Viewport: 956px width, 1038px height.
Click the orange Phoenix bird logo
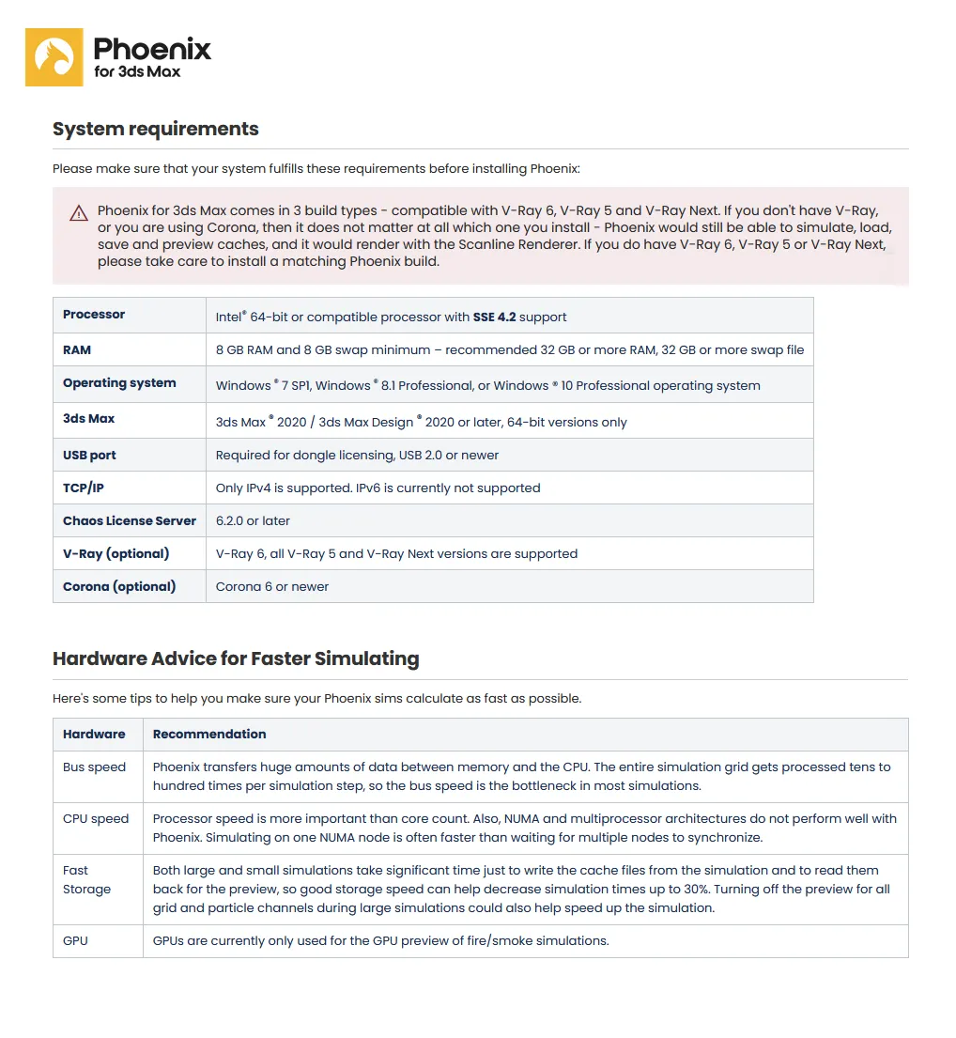[54, 57]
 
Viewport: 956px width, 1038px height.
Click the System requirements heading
[156, 130]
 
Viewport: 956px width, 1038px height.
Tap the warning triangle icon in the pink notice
[79, 213]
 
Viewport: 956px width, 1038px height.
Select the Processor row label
[94, 315]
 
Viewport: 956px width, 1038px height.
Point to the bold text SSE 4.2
[494, 317]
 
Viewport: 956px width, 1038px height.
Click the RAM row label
[77, 349]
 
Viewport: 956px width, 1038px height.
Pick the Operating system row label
[119, 383]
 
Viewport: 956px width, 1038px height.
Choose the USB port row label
[89, 455]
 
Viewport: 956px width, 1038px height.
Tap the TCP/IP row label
[84, 488]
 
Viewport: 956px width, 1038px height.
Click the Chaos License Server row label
[130, 520]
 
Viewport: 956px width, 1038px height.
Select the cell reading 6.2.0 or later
[253, 520]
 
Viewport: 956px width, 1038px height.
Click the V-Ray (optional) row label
[116, 553]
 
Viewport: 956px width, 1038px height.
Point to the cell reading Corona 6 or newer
[272, 586]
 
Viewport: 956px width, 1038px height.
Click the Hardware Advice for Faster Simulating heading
[236, 658]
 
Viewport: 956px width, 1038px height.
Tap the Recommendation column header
[209, 734]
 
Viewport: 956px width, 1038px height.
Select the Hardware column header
[94, 734]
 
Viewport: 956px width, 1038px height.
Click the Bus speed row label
[94, 767]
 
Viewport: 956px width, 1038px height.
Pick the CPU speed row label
[96, 818]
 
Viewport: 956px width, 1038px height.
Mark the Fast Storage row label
[86, 879]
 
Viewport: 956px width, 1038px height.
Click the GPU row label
[75, 940]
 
